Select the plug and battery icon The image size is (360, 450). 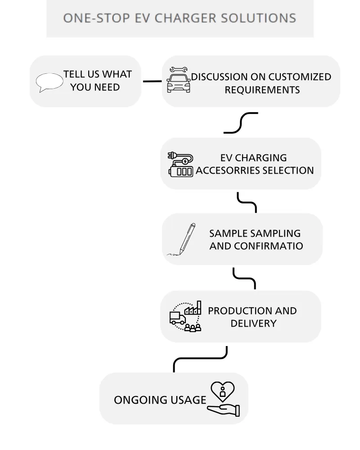tap(180, 164)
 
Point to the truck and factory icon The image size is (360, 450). tap(185, 316)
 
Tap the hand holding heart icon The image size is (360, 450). tap(223, 399)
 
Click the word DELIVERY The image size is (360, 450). tap(253, 324)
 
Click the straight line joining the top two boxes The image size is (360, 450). tap(152, 81)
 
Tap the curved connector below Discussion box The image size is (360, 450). tap(241, 123)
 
